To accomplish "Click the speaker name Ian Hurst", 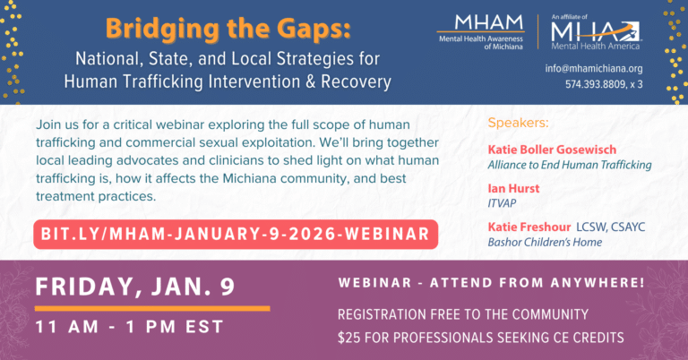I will tap(510, 188).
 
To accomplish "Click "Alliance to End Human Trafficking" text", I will tap(569, 165).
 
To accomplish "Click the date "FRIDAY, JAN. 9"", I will tap(135, 287).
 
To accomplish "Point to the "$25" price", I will tap(348, 338).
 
